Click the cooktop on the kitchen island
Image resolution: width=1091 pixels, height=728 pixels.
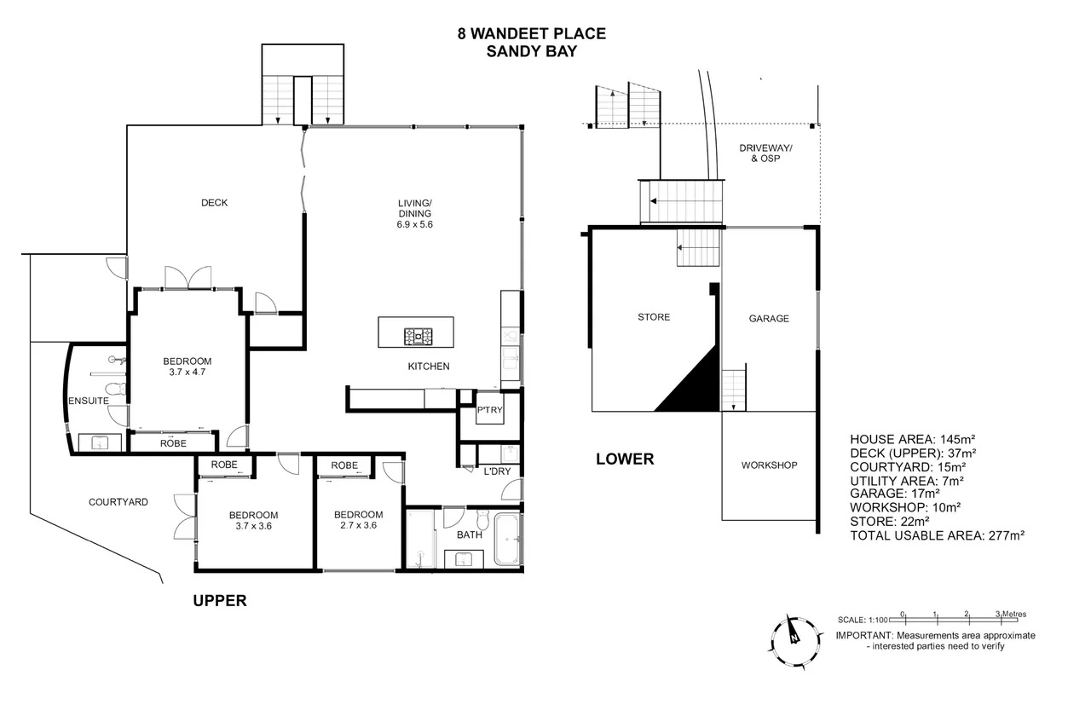[418, 336]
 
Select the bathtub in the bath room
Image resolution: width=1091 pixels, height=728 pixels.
[507, 539]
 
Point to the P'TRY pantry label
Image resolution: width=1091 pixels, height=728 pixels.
[489, 410]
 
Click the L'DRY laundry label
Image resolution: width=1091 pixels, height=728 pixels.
[497, 471]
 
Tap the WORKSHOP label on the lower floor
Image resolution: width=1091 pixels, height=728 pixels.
[769, 465]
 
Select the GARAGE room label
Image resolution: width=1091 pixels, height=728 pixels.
[769, 319]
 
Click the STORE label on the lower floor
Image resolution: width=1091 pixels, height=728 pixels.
[654, 317]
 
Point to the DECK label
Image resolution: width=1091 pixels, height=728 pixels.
[214, 203]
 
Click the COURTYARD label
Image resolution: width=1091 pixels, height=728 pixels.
[118, 502]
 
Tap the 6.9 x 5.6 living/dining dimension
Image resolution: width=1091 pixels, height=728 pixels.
[414, 225]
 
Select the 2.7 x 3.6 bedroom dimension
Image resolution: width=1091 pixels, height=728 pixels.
[359, 525]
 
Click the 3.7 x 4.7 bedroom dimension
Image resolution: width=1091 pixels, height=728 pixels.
[187, 372]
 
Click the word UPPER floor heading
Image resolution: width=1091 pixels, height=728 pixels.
[220, 601]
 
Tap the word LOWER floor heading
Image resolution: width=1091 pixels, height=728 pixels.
[625, 459]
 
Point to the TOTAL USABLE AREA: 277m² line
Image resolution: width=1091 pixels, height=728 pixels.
[937, 535]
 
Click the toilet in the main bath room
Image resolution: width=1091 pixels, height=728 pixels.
[482, 519]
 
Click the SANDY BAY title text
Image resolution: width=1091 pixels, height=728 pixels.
[531, 51]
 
